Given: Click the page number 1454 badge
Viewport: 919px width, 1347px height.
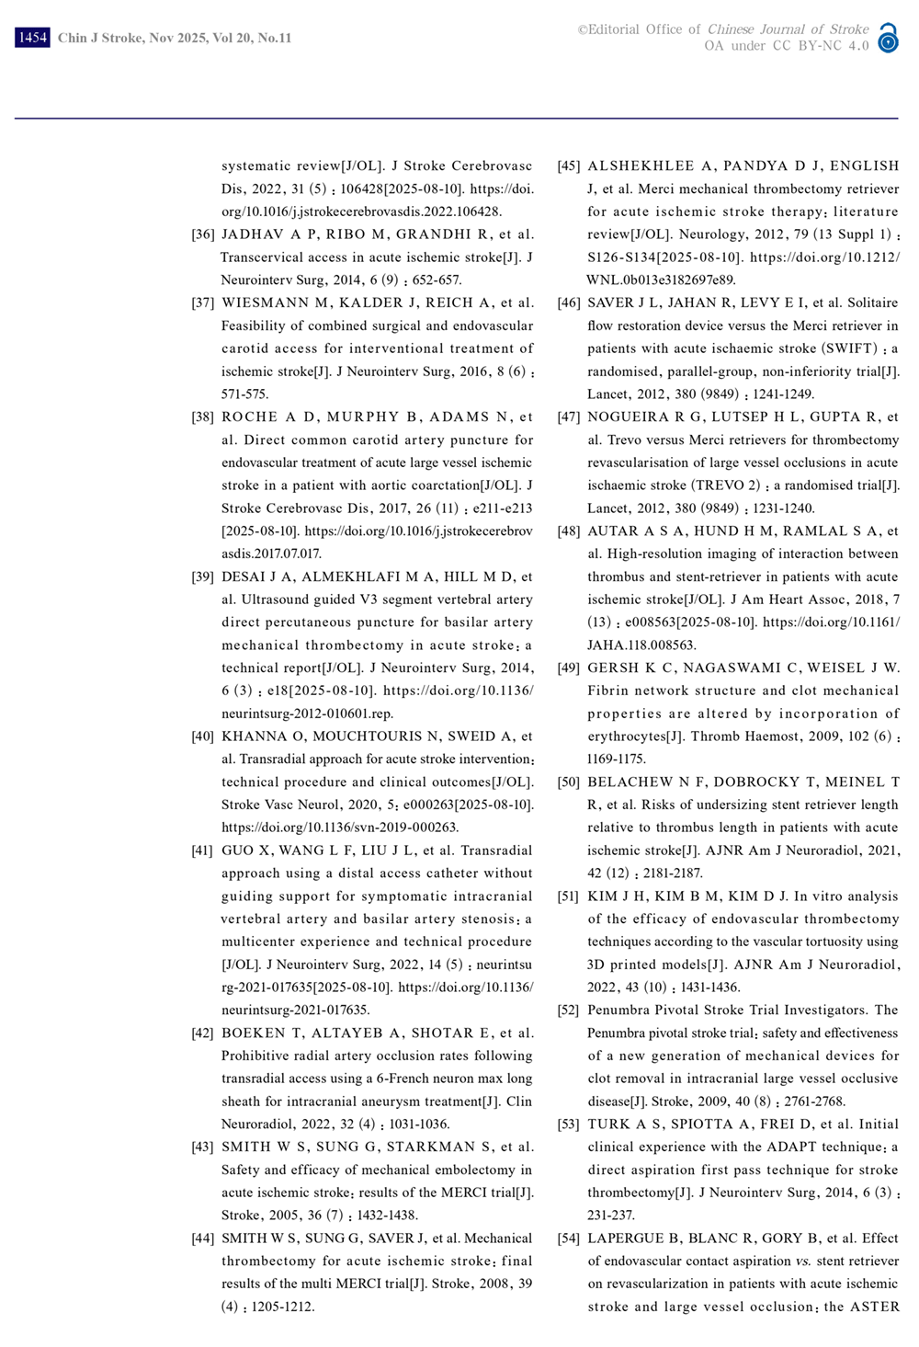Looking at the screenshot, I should [32, 38].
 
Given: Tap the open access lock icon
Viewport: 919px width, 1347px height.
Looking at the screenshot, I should [888, 38].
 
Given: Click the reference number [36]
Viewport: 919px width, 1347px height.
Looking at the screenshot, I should [203, 234].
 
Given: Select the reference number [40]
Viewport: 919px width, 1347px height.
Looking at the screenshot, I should [203, 736].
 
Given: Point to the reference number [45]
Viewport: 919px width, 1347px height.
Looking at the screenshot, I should [569, 166].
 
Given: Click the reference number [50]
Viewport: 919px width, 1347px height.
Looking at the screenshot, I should [569, 782].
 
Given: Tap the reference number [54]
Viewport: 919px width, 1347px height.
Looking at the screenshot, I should [569, 1239].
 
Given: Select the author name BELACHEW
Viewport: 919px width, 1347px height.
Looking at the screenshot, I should [630, 782].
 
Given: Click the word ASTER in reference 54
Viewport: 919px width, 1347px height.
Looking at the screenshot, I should [874, 1307].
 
